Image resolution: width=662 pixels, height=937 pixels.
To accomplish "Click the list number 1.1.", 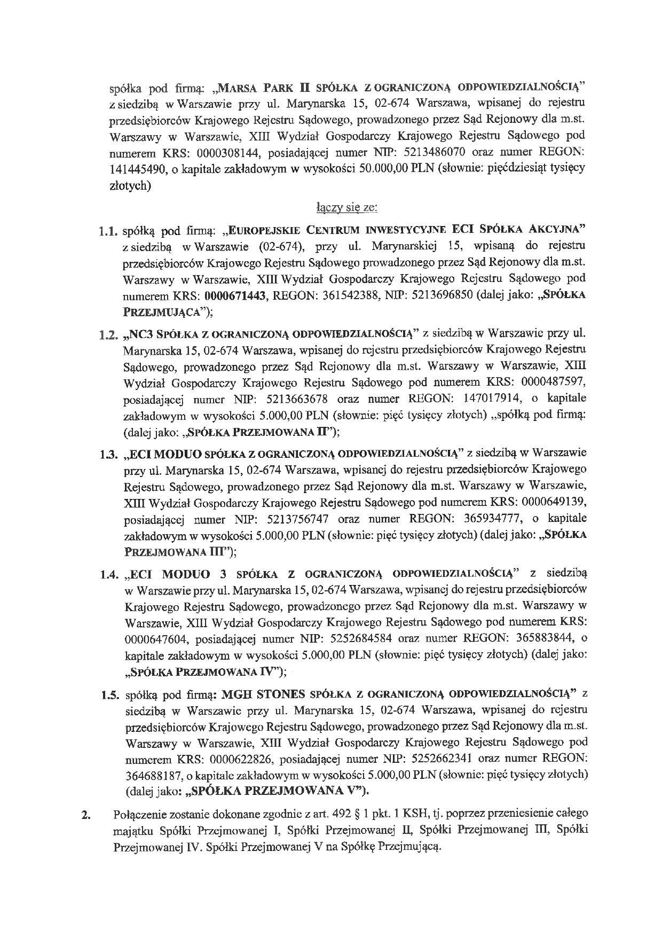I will click(x=108, y=233).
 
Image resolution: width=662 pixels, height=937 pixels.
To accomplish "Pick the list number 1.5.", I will click(x=112, y=696).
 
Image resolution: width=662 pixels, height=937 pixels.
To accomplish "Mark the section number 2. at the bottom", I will click(x=84, y=816).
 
